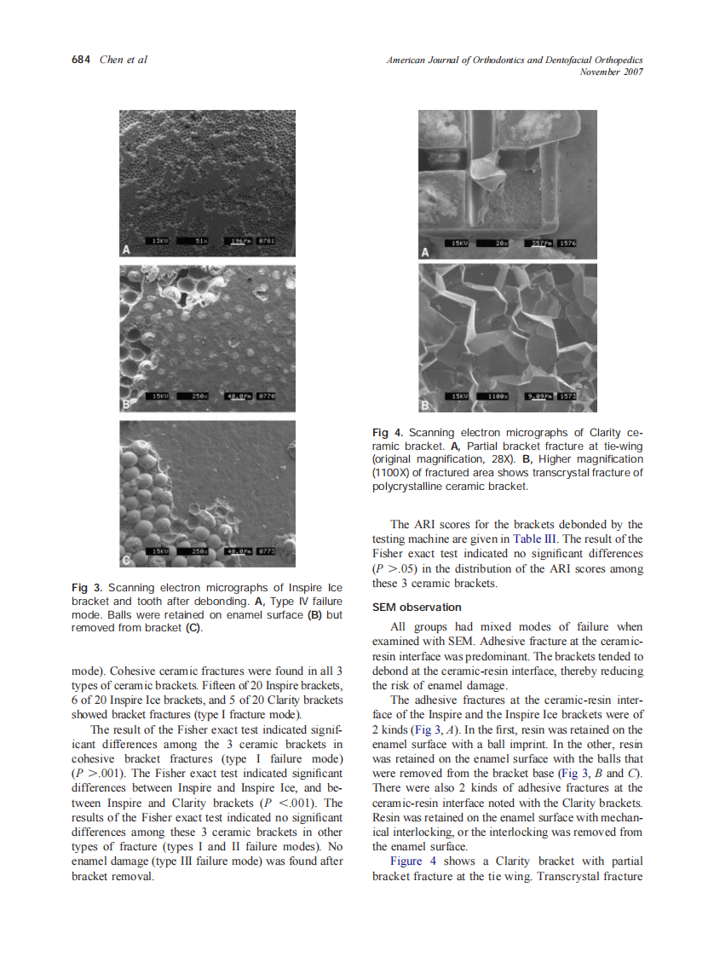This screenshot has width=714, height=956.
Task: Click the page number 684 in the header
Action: (x=82, y=60)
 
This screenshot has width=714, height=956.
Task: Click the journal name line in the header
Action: (x=514, y=60)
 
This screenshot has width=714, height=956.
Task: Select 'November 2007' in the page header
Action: (x=610, y=72)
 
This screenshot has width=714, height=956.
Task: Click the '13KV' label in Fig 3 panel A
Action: (x=160, y=241)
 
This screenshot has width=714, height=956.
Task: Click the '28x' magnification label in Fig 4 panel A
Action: (x=503, y=243)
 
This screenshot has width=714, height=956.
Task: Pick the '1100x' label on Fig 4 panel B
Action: (x=498, y=396)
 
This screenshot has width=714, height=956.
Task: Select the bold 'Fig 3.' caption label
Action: (x=87, y=587)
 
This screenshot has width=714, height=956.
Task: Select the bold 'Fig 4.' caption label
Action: (x=388, y=433)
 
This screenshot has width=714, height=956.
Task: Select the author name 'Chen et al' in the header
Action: (x=124, y=60)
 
